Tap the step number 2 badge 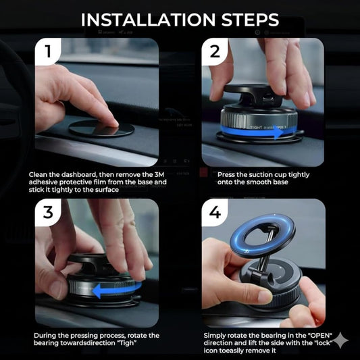(215, 51)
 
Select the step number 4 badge (215, 212)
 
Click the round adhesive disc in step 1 (102, 128)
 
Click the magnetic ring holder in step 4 (254, 243)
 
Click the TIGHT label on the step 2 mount (257, 126)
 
